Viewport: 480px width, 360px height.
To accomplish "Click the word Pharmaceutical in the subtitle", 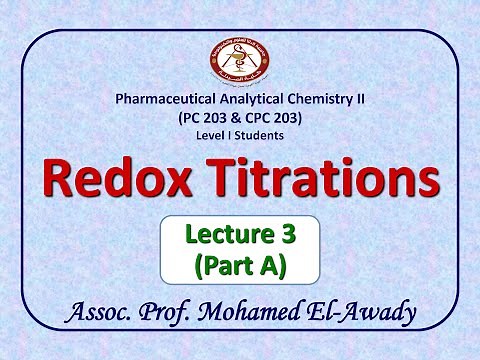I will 164,100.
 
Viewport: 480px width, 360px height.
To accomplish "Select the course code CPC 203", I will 273,117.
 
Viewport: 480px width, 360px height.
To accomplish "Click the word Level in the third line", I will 208,134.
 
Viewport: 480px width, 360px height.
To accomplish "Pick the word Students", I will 259,134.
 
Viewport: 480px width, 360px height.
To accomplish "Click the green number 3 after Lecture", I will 287,237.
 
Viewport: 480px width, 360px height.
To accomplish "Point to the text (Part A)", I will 239,266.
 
